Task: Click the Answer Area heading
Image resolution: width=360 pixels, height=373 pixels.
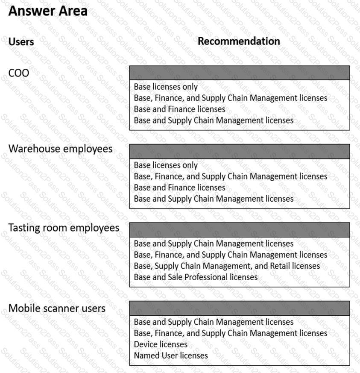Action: (48, 11)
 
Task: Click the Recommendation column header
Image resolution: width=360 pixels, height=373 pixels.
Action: (239, 41)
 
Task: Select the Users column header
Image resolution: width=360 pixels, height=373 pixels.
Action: (21, 42)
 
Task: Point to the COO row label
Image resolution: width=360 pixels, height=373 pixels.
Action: (19, 73)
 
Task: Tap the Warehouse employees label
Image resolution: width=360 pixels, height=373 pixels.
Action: (61, 149)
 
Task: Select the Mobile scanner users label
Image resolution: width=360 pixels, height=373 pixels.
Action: (57, 308)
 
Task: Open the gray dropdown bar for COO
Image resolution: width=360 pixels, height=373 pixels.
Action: (239, 73)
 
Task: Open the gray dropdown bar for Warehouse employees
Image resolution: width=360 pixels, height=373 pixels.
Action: (239, 151)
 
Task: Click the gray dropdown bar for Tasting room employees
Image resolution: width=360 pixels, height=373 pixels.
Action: (239, 230)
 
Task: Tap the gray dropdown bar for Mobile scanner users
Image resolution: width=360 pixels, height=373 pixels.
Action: (239, 308)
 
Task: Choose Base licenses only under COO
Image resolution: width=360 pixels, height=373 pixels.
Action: (166, 87)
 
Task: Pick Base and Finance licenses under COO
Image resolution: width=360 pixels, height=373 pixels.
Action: (179, 109)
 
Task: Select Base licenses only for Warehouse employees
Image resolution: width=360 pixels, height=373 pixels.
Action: (166, 165)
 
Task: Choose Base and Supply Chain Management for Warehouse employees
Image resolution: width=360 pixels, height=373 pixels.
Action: (214, 199)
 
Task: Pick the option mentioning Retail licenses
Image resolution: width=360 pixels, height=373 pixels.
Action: (227, 266)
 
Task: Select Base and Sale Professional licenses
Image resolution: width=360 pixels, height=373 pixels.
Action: (196, 277)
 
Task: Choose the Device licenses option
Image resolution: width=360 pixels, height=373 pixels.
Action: (161, 344)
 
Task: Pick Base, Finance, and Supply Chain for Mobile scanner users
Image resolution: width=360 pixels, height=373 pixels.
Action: (231, 333)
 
